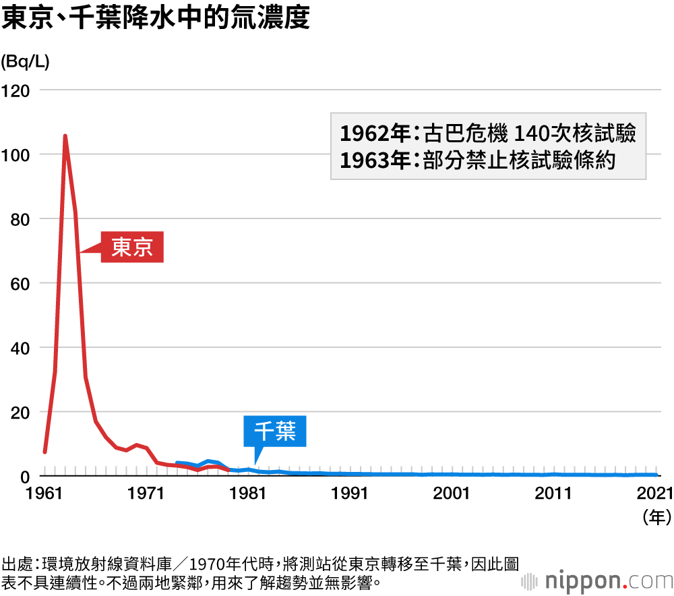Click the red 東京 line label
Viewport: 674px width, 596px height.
[132, 247]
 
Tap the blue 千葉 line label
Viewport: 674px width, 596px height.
[275, 431]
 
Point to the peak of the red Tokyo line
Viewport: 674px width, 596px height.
[65, 136]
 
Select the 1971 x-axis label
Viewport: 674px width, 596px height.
[146, 494]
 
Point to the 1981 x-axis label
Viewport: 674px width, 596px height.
[247, 494]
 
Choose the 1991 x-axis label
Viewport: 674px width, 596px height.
[349, 494]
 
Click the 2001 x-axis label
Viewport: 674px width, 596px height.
[452, 494]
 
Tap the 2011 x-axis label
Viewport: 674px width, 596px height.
[553, 494]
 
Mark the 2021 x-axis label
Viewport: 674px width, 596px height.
[653, 494]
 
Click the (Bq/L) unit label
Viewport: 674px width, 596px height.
[25, 61]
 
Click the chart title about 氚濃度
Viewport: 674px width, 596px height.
[156, 18]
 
